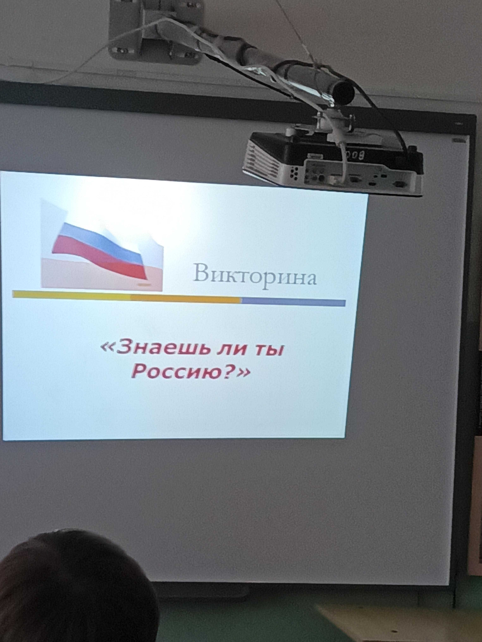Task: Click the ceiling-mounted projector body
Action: coord(333,163)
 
